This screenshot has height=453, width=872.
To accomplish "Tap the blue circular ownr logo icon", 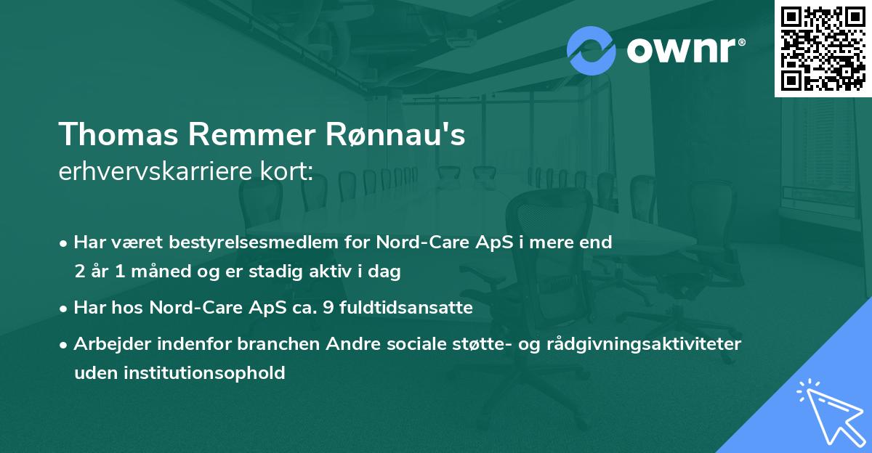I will (592, 51).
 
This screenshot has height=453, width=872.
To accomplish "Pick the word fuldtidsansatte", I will (412, 308).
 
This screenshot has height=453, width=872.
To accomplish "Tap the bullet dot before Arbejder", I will (65, 344).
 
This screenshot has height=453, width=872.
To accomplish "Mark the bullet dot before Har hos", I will (65, 309).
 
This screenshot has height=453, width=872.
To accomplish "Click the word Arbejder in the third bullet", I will (107, 343).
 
